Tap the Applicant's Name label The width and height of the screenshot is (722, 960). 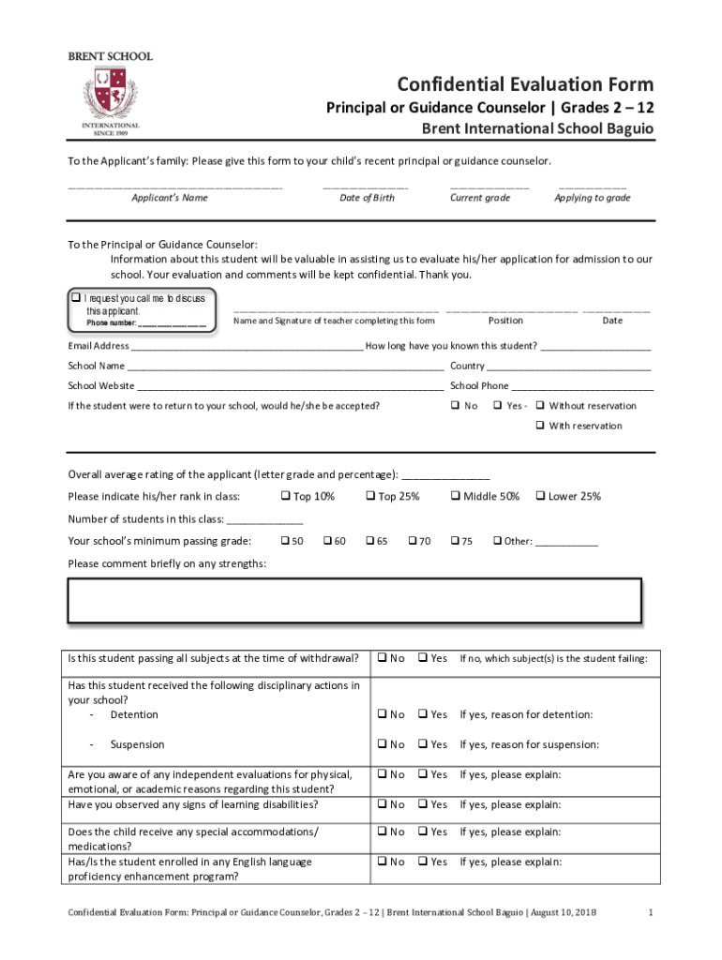coord(170,198)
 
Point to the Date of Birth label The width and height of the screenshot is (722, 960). coord(367,198)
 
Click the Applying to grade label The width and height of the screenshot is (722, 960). coord(593,198)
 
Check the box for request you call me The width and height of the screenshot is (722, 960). coord(77,298)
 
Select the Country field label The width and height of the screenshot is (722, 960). coord(467,366)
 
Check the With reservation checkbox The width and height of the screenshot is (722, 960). coord(540,426)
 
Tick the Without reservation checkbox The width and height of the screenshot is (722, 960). coord(540,406)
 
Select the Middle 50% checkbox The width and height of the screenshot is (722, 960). coord(456,496)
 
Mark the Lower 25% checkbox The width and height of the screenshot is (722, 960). coord(540,496)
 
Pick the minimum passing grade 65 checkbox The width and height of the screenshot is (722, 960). coord(370,541)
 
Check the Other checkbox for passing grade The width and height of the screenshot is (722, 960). coord(498,541)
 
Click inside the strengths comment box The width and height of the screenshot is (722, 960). coord(353,600)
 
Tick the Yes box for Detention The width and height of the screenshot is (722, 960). coord(423,714)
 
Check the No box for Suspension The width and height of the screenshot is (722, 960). coord(383,744)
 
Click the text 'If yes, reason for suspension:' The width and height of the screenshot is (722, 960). coord(530,744)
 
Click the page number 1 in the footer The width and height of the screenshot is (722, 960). coord(650,913)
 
